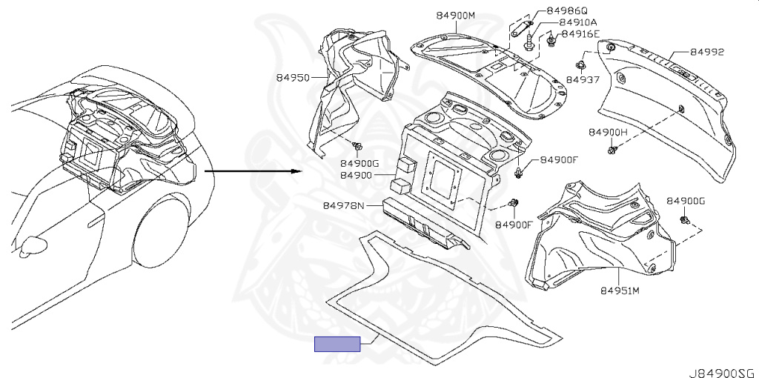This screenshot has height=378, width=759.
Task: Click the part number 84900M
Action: [456, 16]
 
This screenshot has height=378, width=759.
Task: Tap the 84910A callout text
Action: [578, 22]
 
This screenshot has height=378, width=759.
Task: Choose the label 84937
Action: [583, 80]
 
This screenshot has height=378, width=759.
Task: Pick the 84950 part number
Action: [294, 77]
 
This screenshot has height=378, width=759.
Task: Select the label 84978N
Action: [343, 206]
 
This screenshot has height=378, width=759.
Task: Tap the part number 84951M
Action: [620, 291]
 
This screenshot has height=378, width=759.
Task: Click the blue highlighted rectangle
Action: [337, 344]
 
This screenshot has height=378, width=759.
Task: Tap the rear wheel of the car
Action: [160, 237]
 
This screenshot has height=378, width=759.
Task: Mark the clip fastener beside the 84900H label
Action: [612, 150]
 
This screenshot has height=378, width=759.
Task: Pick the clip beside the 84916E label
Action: [551, 39]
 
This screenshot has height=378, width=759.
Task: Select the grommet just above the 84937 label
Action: [580, 65]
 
